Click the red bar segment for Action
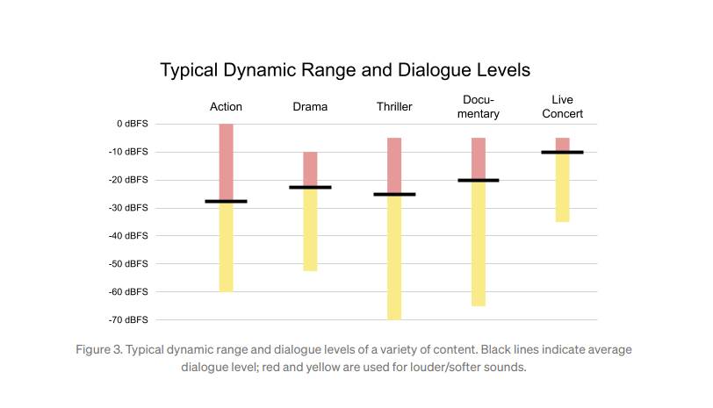click(x=226, y=161)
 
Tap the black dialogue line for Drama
click(x=310, y=187)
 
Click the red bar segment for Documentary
click(x=479, y=158)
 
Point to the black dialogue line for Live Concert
click(x=562, y=152)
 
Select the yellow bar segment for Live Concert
click(x=562, y=188)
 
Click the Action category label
click(x=226, y=107)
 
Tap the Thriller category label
click(x=394, y=107)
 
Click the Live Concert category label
click(x=562, y=107)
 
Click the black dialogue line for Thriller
click(x=394, y=194)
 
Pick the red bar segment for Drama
click(x=310, y=168)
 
